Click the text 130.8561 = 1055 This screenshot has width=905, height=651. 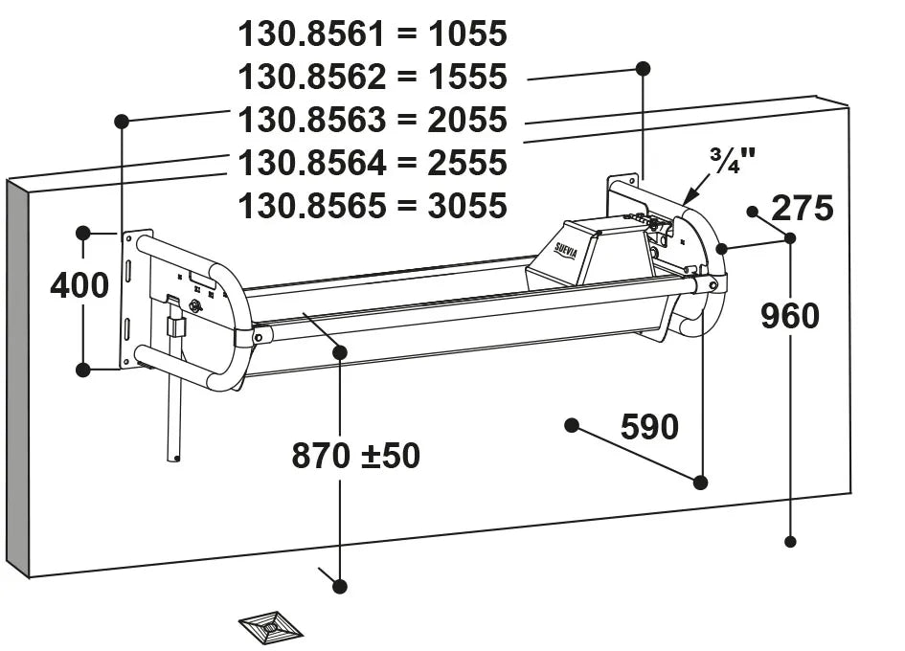373,34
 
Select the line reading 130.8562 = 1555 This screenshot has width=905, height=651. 373,78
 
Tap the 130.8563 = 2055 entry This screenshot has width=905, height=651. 373,121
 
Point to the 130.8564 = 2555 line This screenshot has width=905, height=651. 373,163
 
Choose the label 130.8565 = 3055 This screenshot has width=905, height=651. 373,206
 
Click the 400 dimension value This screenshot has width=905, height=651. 79,285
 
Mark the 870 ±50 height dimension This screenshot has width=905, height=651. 355,456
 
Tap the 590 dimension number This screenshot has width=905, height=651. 649,427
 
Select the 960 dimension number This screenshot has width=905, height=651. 790,316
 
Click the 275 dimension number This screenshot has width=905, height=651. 803,208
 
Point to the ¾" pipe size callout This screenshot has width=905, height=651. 732,161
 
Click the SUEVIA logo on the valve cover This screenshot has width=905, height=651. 566,250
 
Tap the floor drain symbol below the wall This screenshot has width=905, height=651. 270,627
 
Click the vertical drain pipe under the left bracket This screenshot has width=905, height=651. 174,412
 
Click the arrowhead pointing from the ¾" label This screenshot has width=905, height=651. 687,200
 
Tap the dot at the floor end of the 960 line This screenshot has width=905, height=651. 790,541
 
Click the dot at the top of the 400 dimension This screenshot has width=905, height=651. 83,233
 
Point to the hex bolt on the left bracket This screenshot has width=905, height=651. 195,305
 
